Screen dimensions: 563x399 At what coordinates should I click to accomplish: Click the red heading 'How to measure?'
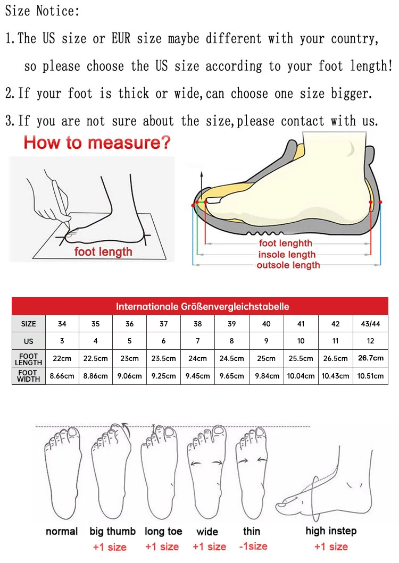pyautogui.click(x=97, y=142)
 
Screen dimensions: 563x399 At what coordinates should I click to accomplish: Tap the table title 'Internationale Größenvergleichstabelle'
pyautogui.click(x=203, y=306)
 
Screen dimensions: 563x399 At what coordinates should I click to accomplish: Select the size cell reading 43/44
pyautogui.click(x=370, y=324)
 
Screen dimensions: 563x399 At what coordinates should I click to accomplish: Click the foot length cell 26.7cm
pyautogui.click(x=370, y=358)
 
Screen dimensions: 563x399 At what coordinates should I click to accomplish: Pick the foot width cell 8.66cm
pyautogui.click(x=62, y=376)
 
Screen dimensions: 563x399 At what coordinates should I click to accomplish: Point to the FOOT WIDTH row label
pyautogui.click(x=29, y=376)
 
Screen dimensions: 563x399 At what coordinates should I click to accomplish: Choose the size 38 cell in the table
pyautogui.click(x=197, y=324)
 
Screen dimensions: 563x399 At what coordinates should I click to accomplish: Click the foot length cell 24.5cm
pyautogui.click(x=231, y=358)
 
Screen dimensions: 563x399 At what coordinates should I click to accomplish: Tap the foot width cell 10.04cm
pyautogui.click(x=301, y=376)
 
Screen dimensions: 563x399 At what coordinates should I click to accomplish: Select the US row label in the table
pyautogui.click(x=29, y=341)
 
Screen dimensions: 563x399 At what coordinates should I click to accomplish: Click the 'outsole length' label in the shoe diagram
pyautogui.click(x=288, y=265)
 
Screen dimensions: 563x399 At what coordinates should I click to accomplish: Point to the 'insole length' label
pyautogui.click(x=287, y=255)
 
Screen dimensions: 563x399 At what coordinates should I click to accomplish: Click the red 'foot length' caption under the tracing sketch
pyautogui.click(x=103, y=251)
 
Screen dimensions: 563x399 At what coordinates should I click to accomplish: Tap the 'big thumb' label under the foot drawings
pyautogui.click(x=112, y=531)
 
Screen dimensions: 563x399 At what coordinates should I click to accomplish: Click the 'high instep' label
pyautogui.click(x=331, y=531)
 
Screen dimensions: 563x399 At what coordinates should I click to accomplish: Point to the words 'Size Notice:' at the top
pyautogui.click(x=43, y=11)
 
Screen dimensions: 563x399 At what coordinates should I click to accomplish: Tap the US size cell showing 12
pyautogui.click(x=370, y=341)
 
